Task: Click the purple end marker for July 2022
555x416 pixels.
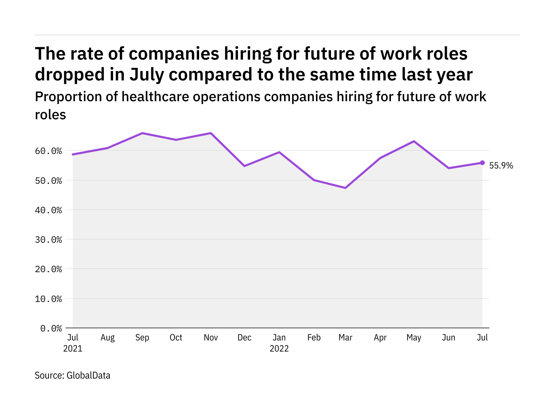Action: [482, 163]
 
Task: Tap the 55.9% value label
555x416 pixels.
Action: [501, 166]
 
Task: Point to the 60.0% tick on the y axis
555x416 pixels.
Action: [48, 151]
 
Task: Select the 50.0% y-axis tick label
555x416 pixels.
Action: [48, 181]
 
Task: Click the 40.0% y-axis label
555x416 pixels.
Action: [48, 210]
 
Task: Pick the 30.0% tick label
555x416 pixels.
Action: [48, 240]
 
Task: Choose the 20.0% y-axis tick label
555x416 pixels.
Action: [48, 269]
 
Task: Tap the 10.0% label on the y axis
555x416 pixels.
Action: [48, 299]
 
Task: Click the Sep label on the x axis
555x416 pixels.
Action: [142, 338]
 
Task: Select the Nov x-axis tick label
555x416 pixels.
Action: [211, 338]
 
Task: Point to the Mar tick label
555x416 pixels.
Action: [345, 338]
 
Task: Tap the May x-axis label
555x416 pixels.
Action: [414, 338]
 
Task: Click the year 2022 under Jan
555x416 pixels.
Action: [279, 348]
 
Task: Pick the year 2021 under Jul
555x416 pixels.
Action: [73, 348]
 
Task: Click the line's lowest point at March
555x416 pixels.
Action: [345, 188]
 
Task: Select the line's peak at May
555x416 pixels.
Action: [414, 141]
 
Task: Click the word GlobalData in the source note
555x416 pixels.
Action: [88, 375]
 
